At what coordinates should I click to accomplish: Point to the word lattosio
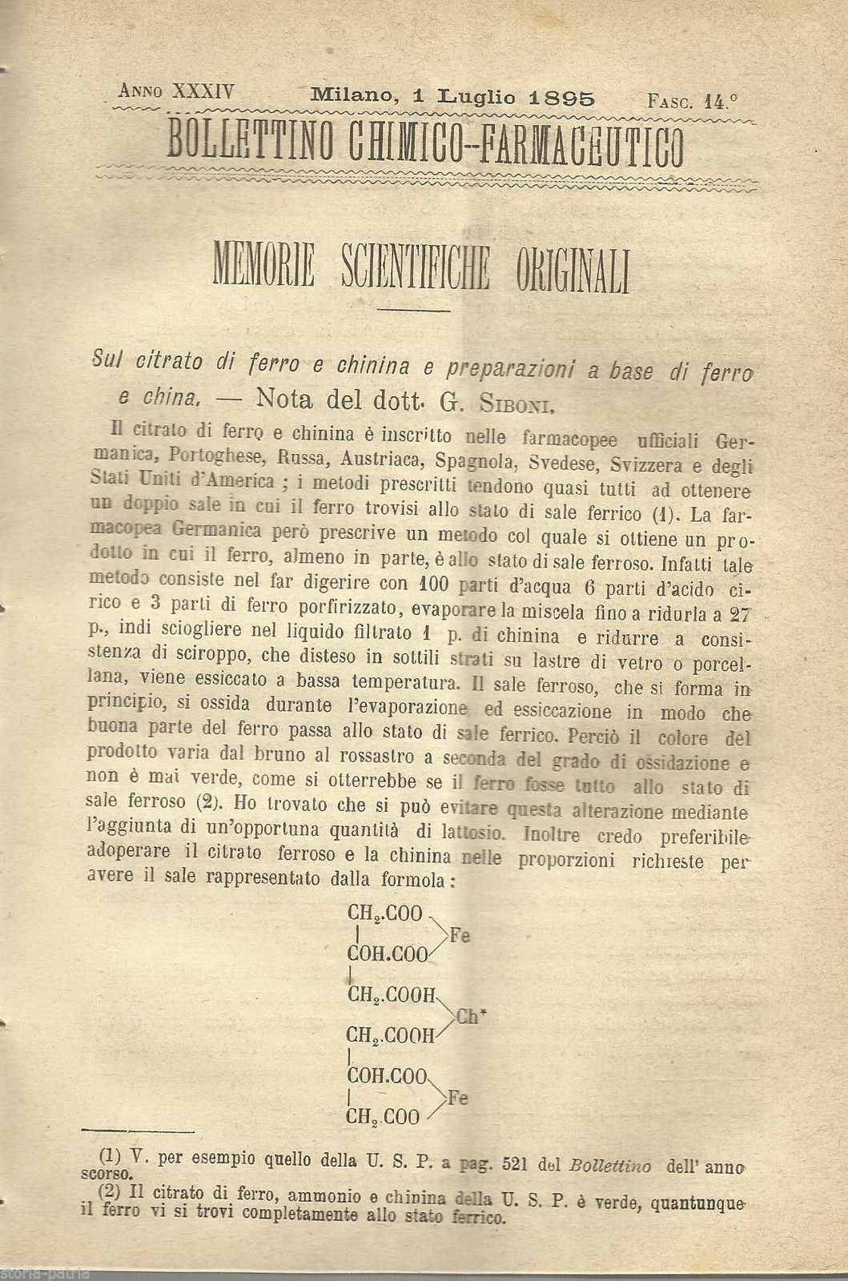tap(478, 833)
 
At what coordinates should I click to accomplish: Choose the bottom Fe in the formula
tap(457, 1098)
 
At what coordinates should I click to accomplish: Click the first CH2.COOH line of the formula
tap(391, 995)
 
